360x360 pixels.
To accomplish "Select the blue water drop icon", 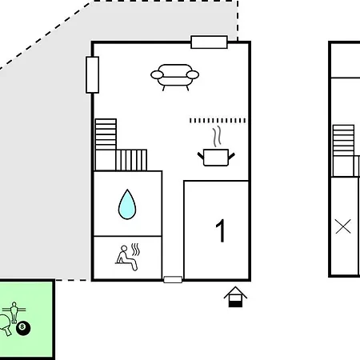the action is click(x=127, y=205).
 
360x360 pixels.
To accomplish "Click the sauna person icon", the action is click(x=127, y=258).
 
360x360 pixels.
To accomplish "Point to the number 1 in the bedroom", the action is click(x=221, y=230).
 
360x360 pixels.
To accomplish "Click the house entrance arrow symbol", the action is click(x=235, y=297).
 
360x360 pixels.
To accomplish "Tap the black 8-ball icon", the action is click(x=23, y=328).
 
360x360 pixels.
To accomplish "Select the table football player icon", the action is click(x=14, y=312).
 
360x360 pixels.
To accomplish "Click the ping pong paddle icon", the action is click(x=5, y=325).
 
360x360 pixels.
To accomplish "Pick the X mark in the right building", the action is click(x=343, y=226).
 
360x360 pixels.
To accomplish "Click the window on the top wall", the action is click(x=210, y=42).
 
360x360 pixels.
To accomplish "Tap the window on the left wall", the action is click(x=93, y=75).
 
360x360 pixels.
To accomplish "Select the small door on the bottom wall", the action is click(x=173, y=279).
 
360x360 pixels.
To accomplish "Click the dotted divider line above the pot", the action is click(x=218, y=121).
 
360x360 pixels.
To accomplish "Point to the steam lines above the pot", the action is click(x=217, y=136).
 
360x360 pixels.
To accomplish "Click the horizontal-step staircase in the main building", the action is click(x=106, y=134).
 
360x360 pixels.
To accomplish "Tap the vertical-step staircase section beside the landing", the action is click(x=131, y=160).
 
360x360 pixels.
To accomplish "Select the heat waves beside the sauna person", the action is click(x=136, y=250).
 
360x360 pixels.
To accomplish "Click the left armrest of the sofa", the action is click(x=157, y=75).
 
